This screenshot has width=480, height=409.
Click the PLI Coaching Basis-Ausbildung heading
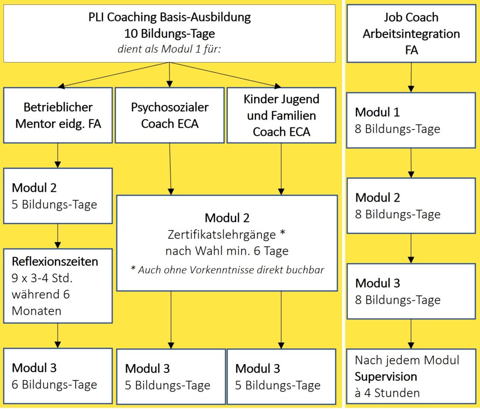(x=169, y=17)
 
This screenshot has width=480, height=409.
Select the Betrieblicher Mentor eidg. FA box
(x=58, y=115)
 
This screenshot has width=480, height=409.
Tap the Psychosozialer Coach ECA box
(x=169, y=115)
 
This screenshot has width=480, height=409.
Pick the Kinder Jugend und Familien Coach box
(x=281, y=115)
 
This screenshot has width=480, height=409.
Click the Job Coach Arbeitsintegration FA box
(x=411, y=34)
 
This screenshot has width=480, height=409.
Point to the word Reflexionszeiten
(x=55, y=261)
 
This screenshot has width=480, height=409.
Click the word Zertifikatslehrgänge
(x=222, y=235)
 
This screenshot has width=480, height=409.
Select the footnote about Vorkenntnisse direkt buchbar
(x=227, y=269)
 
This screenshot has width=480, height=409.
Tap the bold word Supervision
(x=386, y=376)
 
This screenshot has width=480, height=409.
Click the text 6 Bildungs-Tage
(x=54, y=385)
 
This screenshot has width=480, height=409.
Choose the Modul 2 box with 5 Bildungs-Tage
(x=58, y=196)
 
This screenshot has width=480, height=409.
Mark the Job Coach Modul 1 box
(x=411, y=120)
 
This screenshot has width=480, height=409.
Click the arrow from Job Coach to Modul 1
(x=411, y=77)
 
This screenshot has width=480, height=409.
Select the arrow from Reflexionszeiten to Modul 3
(x=57, y=335)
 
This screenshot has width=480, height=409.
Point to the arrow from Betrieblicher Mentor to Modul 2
(x=57, y=155)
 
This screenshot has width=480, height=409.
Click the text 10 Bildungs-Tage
(x=169, y=34)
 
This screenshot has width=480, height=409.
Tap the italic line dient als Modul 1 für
(x=169, y=49)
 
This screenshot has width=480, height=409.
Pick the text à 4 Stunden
(x=387, y=393)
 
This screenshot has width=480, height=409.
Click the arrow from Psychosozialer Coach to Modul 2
(x=170, y=169)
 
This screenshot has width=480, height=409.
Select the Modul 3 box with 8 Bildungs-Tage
(x=411, y=291)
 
